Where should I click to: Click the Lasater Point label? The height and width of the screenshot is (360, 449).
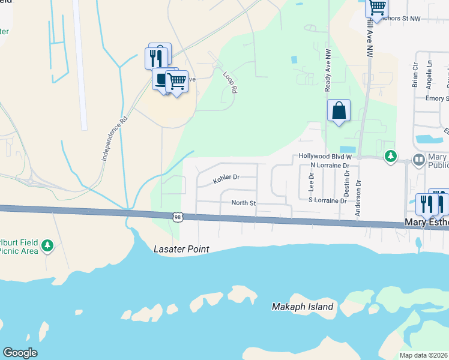pos(181,248)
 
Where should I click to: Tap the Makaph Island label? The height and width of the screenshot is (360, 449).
pos(302,307)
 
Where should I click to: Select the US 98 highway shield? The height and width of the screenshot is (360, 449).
pos(175,216)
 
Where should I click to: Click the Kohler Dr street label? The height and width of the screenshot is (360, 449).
pos(226,178)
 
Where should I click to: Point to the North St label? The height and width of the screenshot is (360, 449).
pos(244,203)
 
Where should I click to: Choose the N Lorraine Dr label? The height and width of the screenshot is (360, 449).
pos(330,164)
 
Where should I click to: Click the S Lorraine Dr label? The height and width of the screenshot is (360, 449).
pos(327,200)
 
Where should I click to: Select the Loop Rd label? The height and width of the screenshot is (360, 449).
pos(230,83)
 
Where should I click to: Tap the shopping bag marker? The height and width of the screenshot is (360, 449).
pos(339,110)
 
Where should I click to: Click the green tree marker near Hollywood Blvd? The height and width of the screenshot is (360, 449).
pos(391,156)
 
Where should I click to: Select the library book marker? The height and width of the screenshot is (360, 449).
pos(418,160)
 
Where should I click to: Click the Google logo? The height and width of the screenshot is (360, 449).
pos(20,353)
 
